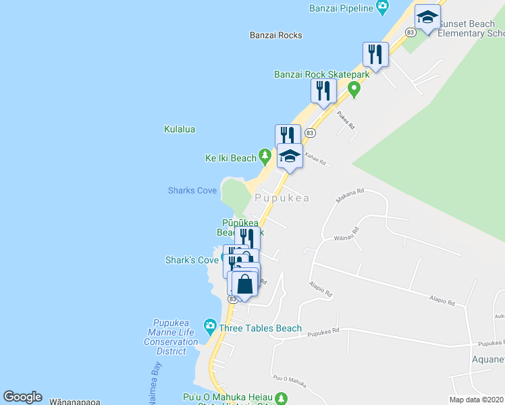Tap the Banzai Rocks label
(x=275, y=35)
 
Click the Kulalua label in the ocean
(x=180, y=128)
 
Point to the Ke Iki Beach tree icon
(x=264, y=158)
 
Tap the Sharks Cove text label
(x=192, y=190)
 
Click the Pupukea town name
(x=282, y=198)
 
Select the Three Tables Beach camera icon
(x=210, y=327)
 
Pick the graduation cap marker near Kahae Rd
(x=290, y=156)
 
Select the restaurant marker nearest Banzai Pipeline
(x=375, y=54)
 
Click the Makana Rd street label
(x=350, y=196)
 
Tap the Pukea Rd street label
(x=346, y=122)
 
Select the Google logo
(x=22, y=397)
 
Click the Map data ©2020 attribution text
(x=476, y=400)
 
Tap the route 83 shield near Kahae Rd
(x=311, y=134)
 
